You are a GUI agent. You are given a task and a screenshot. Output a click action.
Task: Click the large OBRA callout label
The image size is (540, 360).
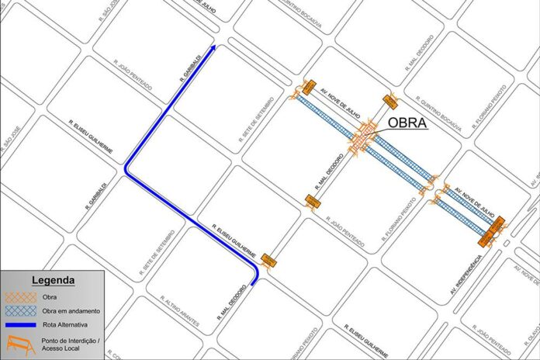(407, 123)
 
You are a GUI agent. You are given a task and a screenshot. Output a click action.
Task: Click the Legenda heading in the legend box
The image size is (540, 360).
(53, 280)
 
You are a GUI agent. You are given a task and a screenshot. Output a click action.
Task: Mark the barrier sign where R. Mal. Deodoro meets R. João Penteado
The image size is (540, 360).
(313, 202)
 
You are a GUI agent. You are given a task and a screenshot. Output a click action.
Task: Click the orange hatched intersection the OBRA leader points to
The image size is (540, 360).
(365, 139)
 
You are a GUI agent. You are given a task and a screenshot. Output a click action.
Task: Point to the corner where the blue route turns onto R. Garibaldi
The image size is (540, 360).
(126, 167)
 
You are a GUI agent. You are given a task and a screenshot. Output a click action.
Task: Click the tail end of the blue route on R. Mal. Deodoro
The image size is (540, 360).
(256, 284)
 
